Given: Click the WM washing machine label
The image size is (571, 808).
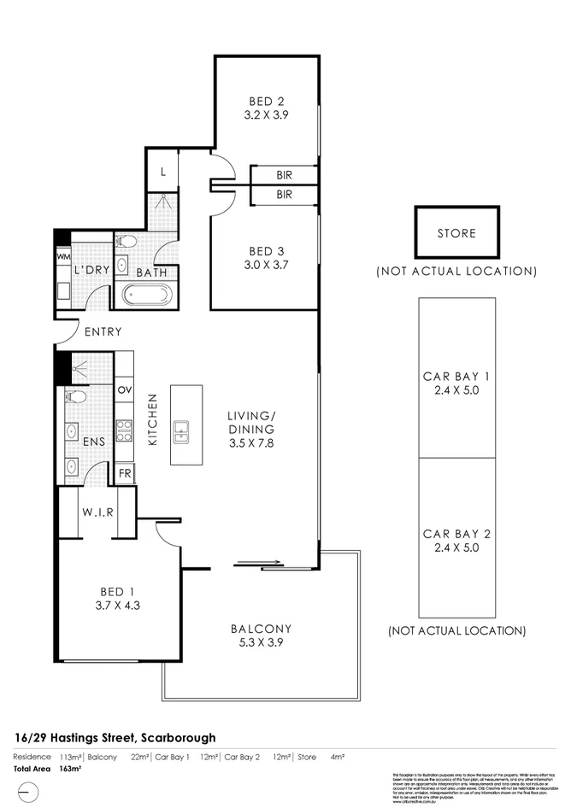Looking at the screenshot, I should tap(62, 255).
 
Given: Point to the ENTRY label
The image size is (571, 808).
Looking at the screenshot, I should tap(103, 331).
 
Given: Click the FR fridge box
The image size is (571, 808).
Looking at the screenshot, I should tap(124, 472).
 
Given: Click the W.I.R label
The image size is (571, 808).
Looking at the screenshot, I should tap(99, 512).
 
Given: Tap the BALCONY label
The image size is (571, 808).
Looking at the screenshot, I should tap(261, 629).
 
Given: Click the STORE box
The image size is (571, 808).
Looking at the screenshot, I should tap(456, 232).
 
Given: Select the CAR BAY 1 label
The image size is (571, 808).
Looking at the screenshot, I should tap(456, 376).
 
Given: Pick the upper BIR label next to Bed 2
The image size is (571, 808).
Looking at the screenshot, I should tap(285, 174).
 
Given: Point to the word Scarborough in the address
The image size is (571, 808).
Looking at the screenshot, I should tap(174, 737).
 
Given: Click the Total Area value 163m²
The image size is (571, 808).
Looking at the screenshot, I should tap(70, 769).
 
